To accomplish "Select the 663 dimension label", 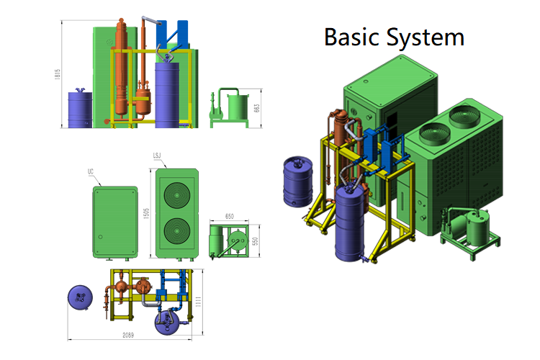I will point(257,108).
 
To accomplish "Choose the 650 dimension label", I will point(230,216).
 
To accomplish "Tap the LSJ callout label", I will point(156,156).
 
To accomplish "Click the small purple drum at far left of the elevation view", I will point(79,109).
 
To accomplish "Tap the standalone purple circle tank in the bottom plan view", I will point(78,297).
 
